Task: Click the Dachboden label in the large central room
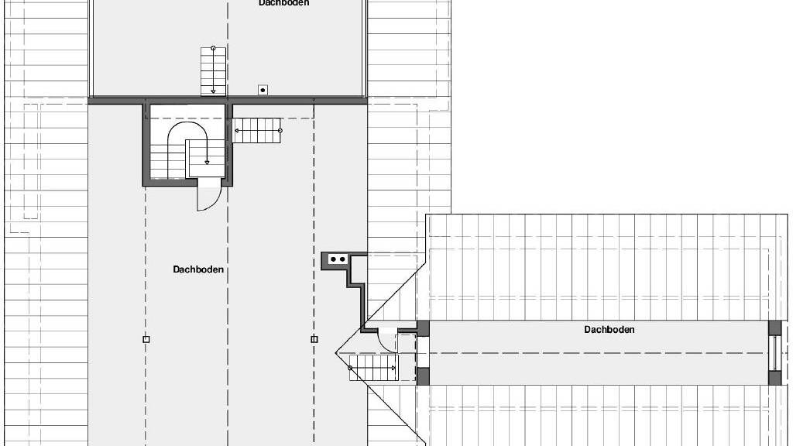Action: pyautogui.click(x=198, y=269)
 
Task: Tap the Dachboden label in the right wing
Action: pyautogui.click(x=609, y=330)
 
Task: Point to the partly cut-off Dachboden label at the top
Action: pyautogui.click(x=283, y=3)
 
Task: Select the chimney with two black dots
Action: pyautogui.click(x=338, y=259)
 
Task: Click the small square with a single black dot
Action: pyautogui.click(x=263, y=90)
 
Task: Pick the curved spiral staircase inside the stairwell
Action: pyautogui.click(x=187, y=150)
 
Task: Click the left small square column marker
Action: pyautogui.click(x=146, y=339)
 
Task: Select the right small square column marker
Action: pyautogui.click(x=314, y=339)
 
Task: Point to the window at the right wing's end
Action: pyautogui.click(x=774, y=352)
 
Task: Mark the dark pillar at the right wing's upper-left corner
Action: pyautogui.click(x=423, y=328)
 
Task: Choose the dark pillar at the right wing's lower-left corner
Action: pyautogui.click(x=423, y=377)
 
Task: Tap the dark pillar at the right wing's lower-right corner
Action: pyautogui.click(x=774, y=378)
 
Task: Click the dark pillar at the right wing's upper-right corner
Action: pyautogui.click(x=774, y=328)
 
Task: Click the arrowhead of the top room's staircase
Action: pyautogui.click(x=213, y=91)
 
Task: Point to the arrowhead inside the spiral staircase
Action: pyautogui.click(x=207, y=162)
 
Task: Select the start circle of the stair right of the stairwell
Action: pyautogui.click(x=280, y=130)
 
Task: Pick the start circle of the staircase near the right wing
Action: pyautogui.click(x=351, y=368)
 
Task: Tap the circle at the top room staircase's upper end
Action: pyautogui.click(x=213, y=48)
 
